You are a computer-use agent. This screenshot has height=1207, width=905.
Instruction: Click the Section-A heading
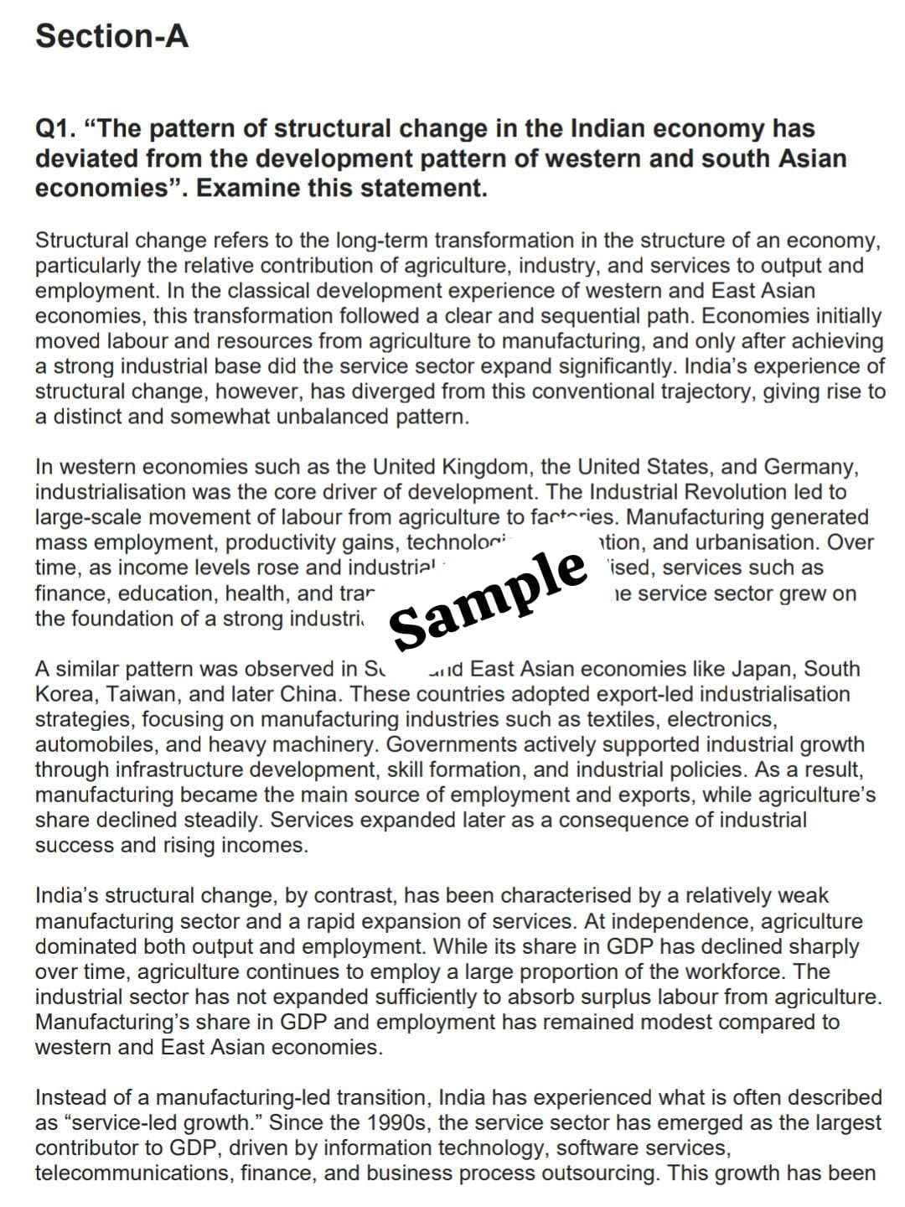[x=111, y=36]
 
